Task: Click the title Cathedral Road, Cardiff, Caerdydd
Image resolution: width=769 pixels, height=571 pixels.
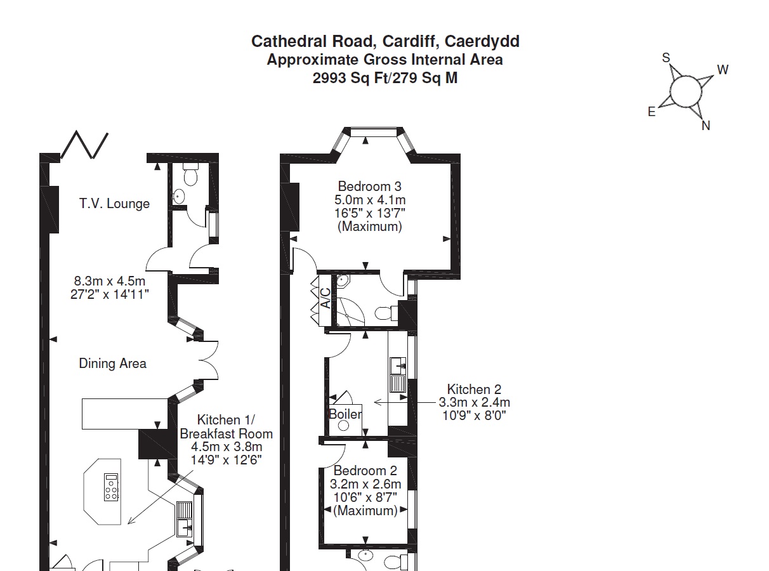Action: [x=385, y=42]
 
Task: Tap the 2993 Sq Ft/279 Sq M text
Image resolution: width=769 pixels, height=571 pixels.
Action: [x=385, y=79]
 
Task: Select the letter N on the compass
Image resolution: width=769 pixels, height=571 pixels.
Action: [x=706, y=126]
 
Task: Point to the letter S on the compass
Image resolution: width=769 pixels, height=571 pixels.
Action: [x=666, y=58]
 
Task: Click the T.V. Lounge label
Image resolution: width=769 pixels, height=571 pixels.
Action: [x=114, y=204]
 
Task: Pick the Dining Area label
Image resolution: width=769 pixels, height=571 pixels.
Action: [x=112, y=364]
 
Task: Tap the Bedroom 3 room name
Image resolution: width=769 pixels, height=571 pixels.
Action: [x=369, y=187]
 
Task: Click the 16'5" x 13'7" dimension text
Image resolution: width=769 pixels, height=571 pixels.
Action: [x=370, y=213]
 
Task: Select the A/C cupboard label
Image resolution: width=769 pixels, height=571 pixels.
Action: [x=324, y=298]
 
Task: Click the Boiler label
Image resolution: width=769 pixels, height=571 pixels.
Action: [x=345, y=414]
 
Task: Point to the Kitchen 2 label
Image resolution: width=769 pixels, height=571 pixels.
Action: [x=474, y=390]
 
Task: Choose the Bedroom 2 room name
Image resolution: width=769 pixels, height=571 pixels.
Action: [x=365, y=471]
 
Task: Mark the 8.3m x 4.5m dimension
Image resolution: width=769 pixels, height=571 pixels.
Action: [x=110, y=281]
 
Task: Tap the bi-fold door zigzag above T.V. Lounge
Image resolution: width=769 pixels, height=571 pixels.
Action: [x=84, y=145]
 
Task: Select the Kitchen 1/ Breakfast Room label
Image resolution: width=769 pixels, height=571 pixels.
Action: [x=226, y=427]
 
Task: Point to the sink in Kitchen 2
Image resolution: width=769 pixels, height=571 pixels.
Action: [x=398, y=365]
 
